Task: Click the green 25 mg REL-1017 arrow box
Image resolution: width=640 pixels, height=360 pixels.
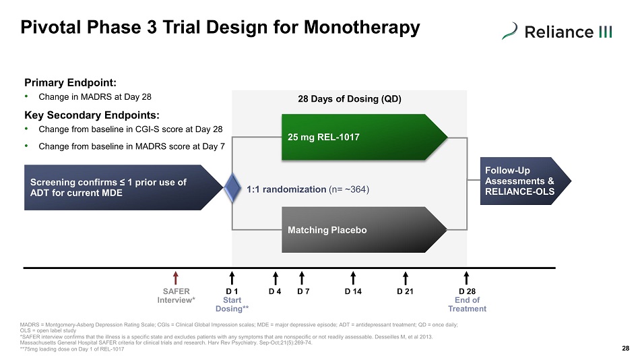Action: click(364, 137)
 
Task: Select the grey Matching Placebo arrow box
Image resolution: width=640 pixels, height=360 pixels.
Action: click(364, 230)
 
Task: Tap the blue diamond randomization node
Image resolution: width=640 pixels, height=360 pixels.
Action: click(232, 187)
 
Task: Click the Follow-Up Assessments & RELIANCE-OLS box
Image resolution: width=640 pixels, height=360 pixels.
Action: click(525, 181)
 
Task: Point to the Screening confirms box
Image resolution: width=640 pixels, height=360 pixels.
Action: click(124, 187)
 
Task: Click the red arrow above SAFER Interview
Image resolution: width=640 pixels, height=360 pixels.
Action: click(176, 278)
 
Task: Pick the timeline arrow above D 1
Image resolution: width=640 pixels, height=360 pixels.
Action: click(232, 278)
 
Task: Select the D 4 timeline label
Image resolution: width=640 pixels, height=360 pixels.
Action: click(275, 291)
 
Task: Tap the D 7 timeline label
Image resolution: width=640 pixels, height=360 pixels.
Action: click(303, 291)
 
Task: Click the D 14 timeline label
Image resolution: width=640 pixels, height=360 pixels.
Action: click(353, 291)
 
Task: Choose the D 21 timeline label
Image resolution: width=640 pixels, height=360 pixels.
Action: click(405, 291)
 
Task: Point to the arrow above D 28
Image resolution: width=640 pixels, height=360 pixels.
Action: click(467, 278)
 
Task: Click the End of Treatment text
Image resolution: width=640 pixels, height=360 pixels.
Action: click(468, 305)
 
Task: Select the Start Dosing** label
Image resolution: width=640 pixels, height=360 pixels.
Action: click(232, 305)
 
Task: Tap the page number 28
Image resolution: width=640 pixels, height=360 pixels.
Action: click(626, 348)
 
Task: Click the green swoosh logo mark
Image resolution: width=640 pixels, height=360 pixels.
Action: click(509, 31)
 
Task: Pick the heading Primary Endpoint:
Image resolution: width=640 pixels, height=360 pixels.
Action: click(70, 82)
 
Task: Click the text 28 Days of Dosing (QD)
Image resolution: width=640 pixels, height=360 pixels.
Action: click(350, 99)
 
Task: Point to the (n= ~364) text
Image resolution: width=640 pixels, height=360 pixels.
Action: click(348, 189)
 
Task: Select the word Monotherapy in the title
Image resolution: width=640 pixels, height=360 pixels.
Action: click(362, 28)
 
